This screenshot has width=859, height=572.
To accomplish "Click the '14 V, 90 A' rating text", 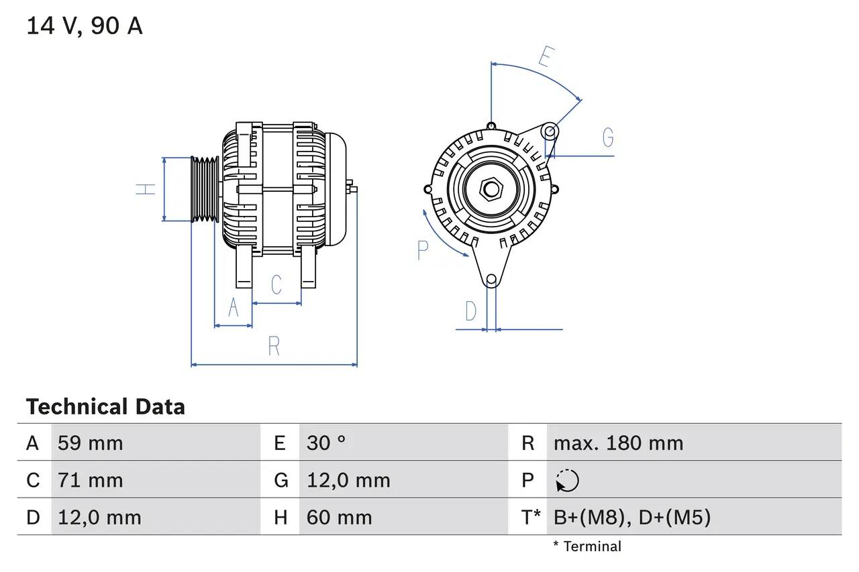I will [85, 26].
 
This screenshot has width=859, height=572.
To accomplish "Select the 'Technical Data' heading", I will [105, 407].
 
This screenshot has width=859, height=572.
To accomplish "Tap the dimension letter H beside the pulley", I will [146, 189].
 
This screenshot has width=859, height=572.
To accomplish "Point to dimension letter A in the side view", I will [234, 307].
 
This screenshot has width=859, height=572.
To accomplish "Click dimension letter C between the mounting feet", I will [276, 285].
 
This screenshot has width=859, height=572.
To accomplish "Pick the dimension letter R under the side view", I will [274, 346].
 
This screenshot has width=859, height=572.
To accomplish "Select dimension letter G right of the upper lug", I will [607, 137].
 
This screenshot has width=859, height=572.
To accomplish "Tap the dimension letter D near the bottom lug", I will [471, 311].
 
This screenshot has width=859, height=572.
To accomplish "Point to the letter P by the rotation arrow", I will [422, 250].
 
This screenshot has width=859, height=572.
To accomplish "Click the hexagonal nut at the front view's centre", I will [491, 189].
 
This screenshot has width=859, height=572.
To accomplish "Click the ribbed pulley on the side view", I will [205, 189].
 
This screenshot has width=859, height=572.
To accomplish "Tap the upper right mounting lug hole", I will [550, 130].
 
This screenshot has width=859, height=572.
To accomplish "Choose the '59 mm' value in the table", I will [91, 443].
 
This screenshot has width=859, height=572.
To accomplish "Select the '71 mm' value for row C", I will [91, 480].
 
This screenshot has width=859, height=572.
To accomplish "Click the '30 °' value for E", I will [326, 443].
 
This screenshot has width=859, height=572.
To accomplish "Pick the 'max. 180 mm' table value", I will [618, 443].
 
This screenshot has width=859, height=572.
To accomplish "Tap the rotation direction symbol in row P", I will [567, 481].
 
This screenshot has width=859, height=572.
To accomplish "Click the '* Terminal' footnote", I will [587, 547].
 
